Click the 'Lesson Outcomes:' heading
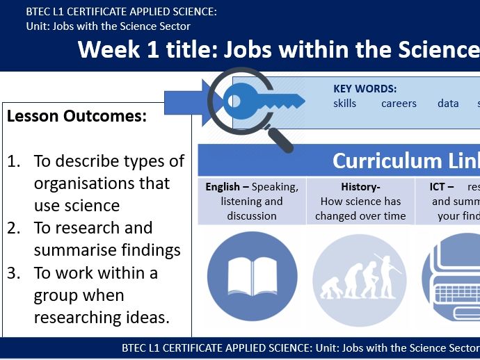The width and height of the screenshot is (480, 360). point(77,116)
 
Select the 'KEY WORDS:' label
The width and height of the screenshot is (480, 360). point(365,88)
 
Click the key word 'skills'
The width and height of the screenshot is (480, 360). point(344,104)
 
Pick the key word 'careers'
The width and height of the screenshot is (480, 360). point(399,104)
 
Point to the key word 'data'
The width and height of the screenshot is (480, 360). point(448,104)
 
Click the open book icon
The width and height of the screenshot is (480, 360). point(252,276)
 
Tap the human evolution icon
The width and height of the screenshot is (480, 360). point(359,276)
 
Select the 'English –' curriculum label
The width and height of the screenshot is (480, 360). point(227,187)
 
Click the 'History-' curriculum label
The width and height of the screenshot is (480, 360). point(359,187)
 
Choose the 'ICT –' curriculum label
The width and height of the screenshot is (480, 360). point(442,187)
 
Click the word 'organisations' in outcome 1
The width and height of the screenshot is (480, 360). point(102,183)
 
